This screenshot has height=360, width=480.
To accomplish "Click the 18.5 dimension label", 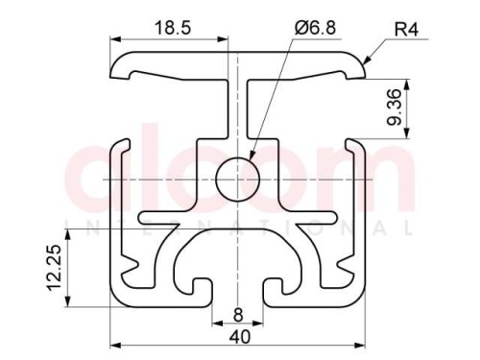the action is click(173, 28).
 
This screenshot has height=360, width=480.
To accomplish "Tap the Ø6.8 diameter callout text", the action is click(315, 28).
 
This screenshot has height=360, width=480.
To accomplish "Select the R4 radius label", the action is click(406, 30).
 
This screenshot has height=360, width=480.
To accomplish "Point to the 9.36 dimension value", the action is click(394, 108).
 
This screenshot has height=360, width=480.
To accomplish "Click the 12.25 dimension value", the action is click(54, 268).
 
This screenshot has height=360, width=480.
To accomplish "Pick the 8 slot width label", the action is click(238, 316).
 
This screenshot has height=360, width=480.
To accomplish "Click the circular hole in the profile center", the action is click(237, 180).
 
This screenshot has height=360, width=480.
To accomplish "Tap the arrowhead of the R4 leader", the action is click(366, 60).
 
